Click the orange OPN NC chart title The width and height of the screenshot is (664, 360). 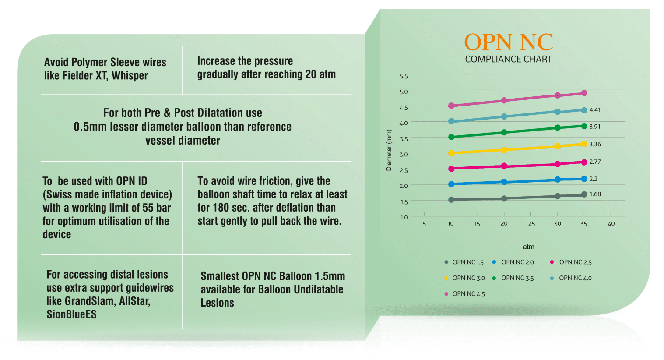coord(508,42)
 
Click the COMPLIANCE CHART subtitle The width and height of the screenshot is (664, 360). coord(508,59)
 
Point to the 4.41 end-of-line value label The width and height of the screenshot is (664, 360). coord(595,110)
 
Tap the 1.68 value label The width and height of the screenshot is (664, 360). coord(595,194)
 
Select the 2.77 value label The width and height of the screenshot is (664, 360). coord(595,162)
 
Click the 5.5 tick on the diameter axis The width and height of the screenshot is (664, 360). coord(403,76)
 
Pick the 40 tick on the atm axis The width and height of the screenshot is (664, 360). coord(611,224)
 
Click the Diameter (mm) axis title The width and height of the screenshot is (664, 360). coord(389,150)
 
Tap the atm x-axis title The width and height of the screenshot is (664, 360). coord(528,247)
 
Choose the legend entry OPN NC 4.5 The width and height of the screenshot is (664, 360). coord(468,294)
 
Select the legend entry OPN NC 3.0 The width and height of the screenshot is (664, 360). coord(468,278)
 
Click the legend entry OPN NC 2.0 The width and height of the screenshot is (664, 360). coord(517,262)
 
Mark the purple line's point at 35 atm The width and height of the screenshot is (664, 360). coord(584,93)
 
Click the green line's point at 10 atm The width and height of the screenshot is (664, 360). coord(451,137)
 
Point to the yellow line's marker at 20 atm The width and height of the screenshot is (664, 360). coord(504,150)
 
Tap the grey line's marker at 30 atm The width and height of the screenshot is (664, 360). coord(558,196)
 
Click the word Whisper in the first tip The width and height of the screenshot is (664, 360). coord(130,76)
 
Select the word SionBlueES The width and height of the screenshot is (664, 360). coord(71,314)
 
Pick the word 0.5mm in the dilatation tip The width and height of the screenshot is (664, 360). coord(90,127)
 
